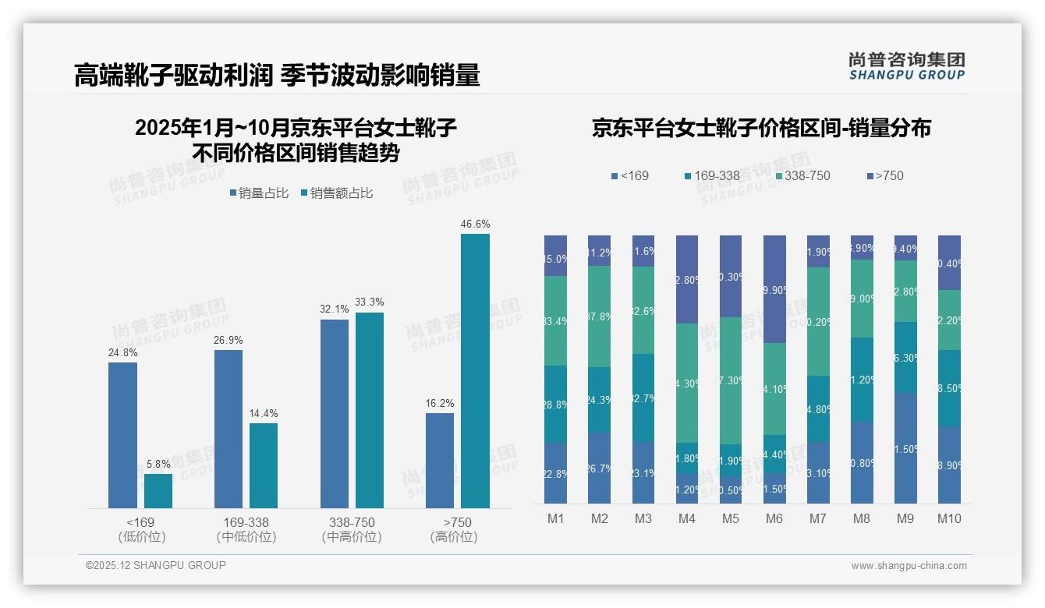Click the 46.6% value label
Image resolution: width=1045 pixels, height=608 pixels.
475,224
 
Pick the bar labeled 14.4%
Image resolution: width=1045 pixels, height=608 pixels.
264,465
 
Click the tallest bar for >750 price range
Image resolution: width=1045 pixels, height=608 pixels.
475,371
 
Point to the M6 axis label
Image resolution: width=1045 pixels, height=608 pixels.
774,518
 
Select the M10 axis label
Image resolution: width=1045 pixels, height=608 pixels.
949,518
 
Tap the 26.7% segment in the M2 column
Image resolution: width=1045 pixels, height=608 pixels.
600,468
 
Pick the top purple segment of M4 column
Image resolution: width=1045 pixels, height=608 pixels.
687,279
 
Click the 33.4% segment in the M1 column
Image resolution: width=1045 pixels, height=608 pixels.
556,320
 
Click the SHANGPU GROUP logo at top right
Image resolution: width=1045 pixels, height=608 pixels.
906,66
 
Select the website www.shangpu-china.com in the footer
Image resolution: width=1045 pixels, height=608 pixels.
909,566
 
